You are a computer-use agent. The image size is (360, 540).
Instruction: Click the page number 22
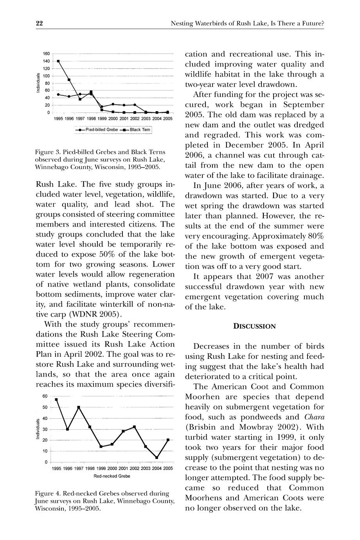(39, 23)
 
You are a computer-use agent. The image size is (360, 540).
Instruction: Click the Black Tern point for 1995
(58, 61)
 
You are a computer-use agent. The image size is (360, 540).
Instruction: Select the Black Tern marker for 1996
(69, 80)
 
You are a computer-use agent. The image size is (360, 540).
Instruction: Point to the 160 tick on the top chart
(46, 54)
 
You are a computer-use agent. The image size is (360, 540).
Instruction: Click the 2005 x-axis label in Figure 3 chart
(168, 118)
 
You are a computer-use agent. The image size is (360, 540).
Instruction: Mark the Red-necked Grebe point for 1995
(56, 400)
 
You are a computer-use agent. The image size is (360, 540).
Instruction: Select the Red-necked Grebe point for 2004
(157, 457)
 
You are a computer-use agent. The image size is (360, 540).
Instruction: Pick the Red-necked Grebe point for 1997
(79, 407)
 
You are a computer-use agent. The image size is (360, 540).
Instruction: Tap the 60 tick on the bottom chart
(45, 396)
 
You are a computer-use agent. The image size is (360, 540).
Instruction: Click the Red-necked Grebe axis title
(112, 476)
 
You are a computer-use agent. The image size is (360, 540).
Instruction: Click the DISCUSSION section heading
(254, 326)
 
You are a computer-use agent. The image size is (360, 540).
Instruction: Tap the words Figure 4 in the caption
(48, 493)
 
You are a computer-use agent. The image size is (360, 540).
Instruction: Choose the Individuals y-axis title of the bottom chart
(38, 429)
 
